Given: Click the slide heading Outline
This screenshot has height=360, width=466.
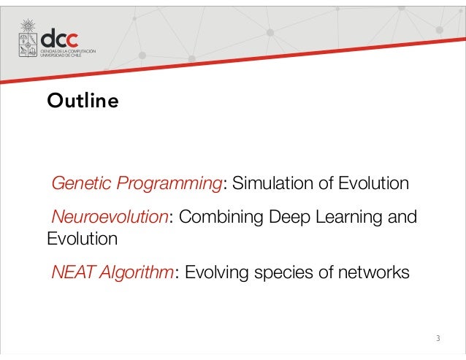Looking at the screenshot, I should click(82, 101).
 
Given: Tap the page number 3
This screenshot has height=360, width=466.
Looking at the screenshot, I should click(438, 338).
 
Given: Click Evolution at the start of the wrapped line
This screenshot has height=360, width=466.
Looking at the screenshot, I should click(82, 238).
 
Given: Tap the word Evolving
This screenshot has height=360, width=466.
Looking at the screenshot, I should click(215, 273).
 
